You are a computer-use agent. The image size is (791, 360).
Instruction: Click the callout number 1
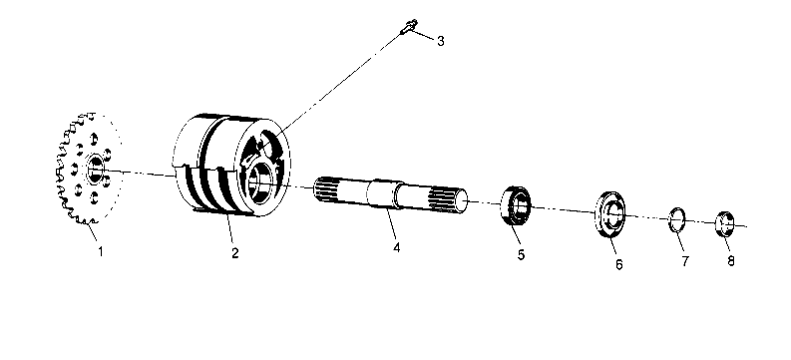100,251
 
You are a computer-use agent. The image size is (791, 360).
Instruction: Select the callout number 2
235,252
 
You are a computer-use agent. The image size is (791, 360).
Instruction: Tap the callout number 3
440,41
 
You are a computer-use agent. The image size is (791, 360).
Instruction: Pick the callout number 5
519,255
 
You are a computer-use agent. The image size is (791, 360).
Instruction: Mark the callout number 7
684,261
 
